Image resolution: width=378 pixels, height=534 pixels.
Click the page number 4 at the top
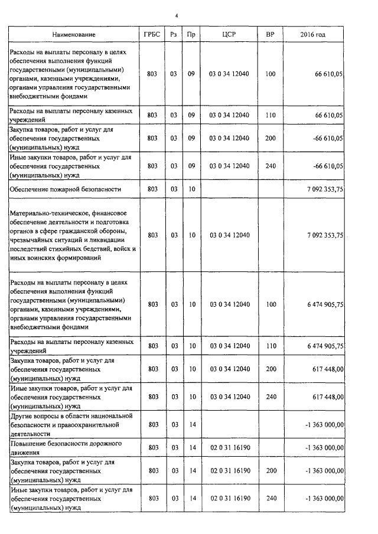point(184,15)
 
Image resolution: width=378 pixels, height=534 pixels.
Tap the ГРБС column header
point(152,35)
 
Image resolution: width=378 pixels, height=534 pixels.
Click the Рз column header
point(174,35)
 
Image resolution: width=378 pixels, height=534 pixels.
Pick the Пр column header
point(191,35)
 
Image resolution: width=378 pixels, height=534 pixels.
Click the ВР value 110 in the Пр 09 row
point(271,115)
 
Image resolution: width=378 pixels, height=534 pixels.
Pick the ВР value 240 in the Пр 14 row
point(271,499)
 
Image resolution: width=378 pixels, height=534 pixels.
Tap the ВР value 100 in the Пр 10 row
point(271,304)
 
